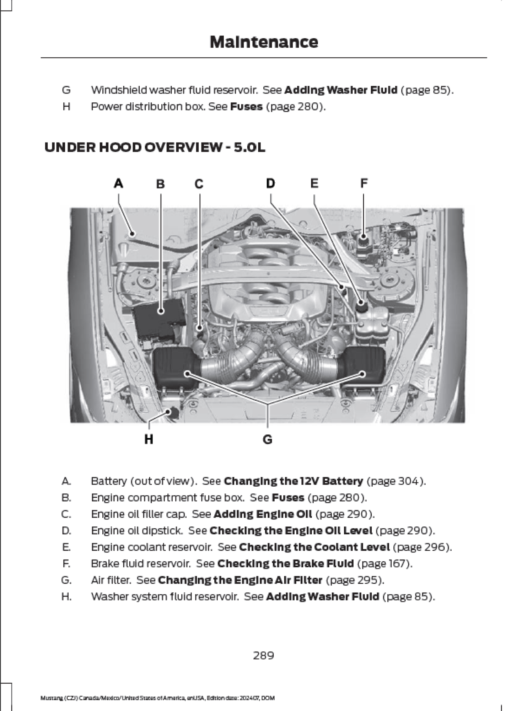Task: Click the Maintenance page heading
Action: (x=264, y=42)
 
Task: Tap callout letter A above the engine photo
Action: (x=118, y=183)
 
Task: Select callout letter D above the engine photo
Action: (x=270, y=183)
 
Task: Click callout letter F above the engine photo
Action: (x=364, y=183)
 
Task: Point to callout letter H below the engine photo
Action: (x=149, y=439)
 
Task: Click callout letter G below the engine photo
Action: (x=267, y=440)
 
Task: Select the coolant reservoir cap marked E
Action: (x=361, y=304)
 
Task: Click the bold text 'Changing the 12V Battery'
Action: (x=294, y=481)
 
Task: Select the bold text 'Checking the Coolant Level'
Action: (x=314, y=547)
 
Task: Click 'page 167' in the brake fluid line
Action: (x=384, y=563)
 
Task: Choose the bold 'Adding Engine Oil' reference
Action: (x=263, y=514)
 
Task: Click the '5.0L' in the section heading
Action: (x=249, y=147)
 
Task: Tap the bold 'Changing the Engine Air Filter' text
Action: (x=240, y=580)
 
